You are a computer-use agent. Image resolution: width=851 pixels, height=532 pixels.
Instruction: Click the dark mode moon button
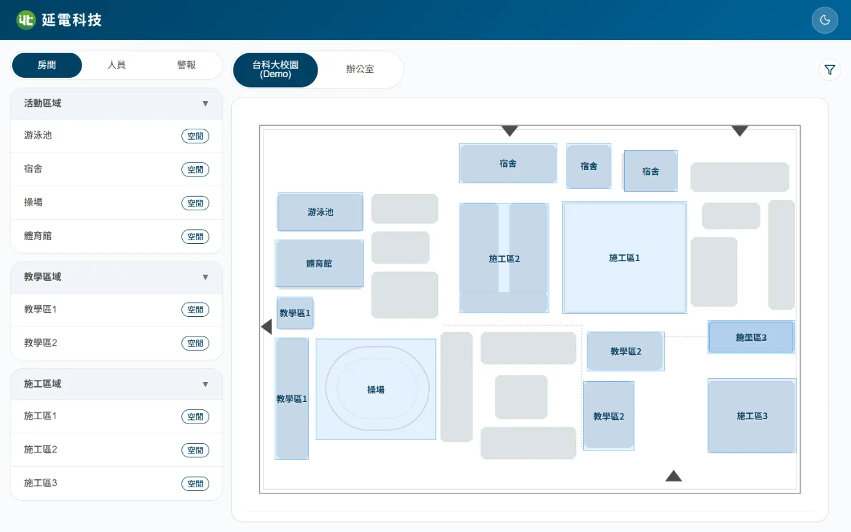[x=825, y=20]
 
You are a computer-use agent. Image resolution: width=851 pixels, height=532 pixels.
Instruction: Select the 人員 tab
[x=116, y=65]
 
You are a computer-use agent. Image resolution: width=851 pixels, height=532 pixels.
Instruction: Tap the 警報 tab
[x=186, y=65]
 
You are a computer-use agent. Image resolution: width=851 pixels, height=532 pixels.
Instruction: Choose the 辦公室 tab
[x=360, y=69]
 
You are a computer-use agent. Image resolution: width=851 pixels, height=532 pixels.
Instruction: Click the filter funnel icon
[x=830, y=70]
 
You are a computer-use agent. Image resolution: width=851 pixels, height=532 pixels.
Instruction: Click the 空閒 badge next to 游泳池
[x=195, y=136]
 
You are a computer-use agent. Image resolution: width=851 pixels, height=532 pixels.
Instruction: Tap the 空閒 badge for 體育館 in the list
[x=195, y=237]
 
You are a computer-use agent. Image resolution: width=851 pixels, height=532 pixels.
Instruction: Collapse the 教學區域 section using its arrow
[x=205, y=277]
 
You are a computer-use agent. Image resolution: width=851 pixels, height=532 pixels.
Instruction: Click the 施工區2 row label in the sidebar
[x=40, y=450]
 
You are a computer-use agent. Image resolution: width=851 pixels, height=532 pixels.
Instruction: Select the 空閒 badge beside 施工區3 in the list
[x=195, y=484]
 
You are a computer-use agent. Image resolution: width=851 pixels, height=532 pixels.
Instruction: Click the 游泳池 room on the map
[x=320, y=212]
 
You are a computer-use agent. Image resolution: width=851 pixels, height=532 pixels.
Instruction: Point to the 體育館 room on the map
[x=319, y=264]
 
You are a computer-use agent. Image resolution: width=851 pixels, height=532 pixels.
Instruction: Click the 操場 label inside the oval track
[x=376, y=390]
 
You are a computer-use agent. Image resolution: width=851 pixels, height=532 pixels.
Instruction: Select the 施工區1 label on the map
[x=624, y=258]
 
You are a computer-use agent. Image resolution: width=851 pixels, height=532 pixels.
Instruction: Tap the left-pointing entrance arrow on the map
[x=267, y=327]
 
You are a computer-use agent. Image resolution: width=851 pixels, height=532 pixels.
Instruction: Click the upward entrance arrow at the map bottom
[x=674, y=476]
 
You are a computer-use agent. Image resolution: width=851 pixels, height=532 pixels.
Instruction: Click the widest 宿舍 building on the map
[x=508, y=163]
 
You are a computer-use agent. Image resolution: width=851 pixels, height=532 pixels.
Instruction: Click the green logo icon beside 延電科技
[x=26, y=20]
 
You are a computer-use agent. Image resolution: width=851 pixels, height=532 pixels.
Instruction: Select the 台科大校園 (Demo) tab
[x=275, y=69]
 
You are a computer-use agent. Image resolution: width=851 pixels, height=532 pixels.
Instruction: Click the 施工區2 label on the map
[x=504, y=259]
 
